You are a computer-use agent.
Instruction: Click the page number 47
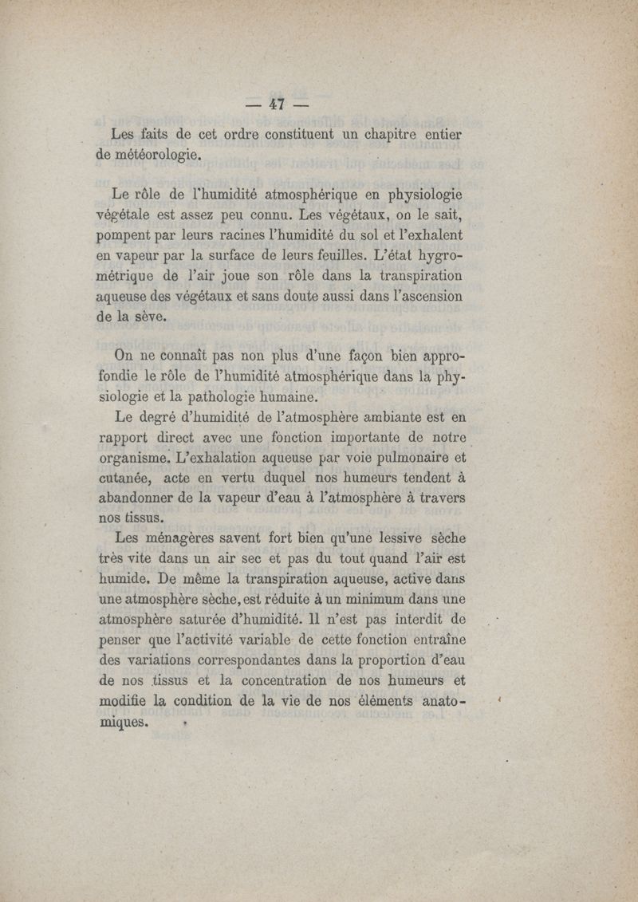point(278,104)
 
